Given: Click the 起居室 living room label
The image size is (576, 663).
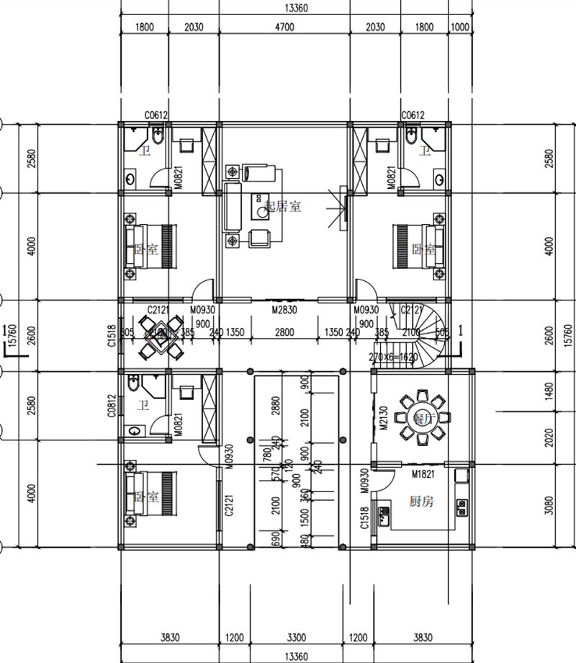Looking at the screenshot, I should (x=283, y=206).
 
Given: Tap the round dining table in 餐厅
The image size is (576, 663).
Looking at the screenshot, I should (x=423, y=417).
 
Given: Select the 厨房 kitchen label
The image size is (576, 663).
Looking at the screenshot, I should (x=421, y=502).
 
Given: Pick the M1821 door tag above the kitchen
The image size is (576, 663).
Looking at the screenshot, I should (x=426, y=474).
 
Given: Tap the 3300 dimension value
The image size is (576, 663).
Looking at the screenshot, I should (x=296, y=638).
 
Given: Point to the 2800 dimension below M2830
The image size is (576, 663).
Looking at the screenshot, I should (x=284, y=333).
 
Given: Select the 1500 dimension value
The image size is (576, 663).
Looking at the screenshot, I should (x=306, y=515).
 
